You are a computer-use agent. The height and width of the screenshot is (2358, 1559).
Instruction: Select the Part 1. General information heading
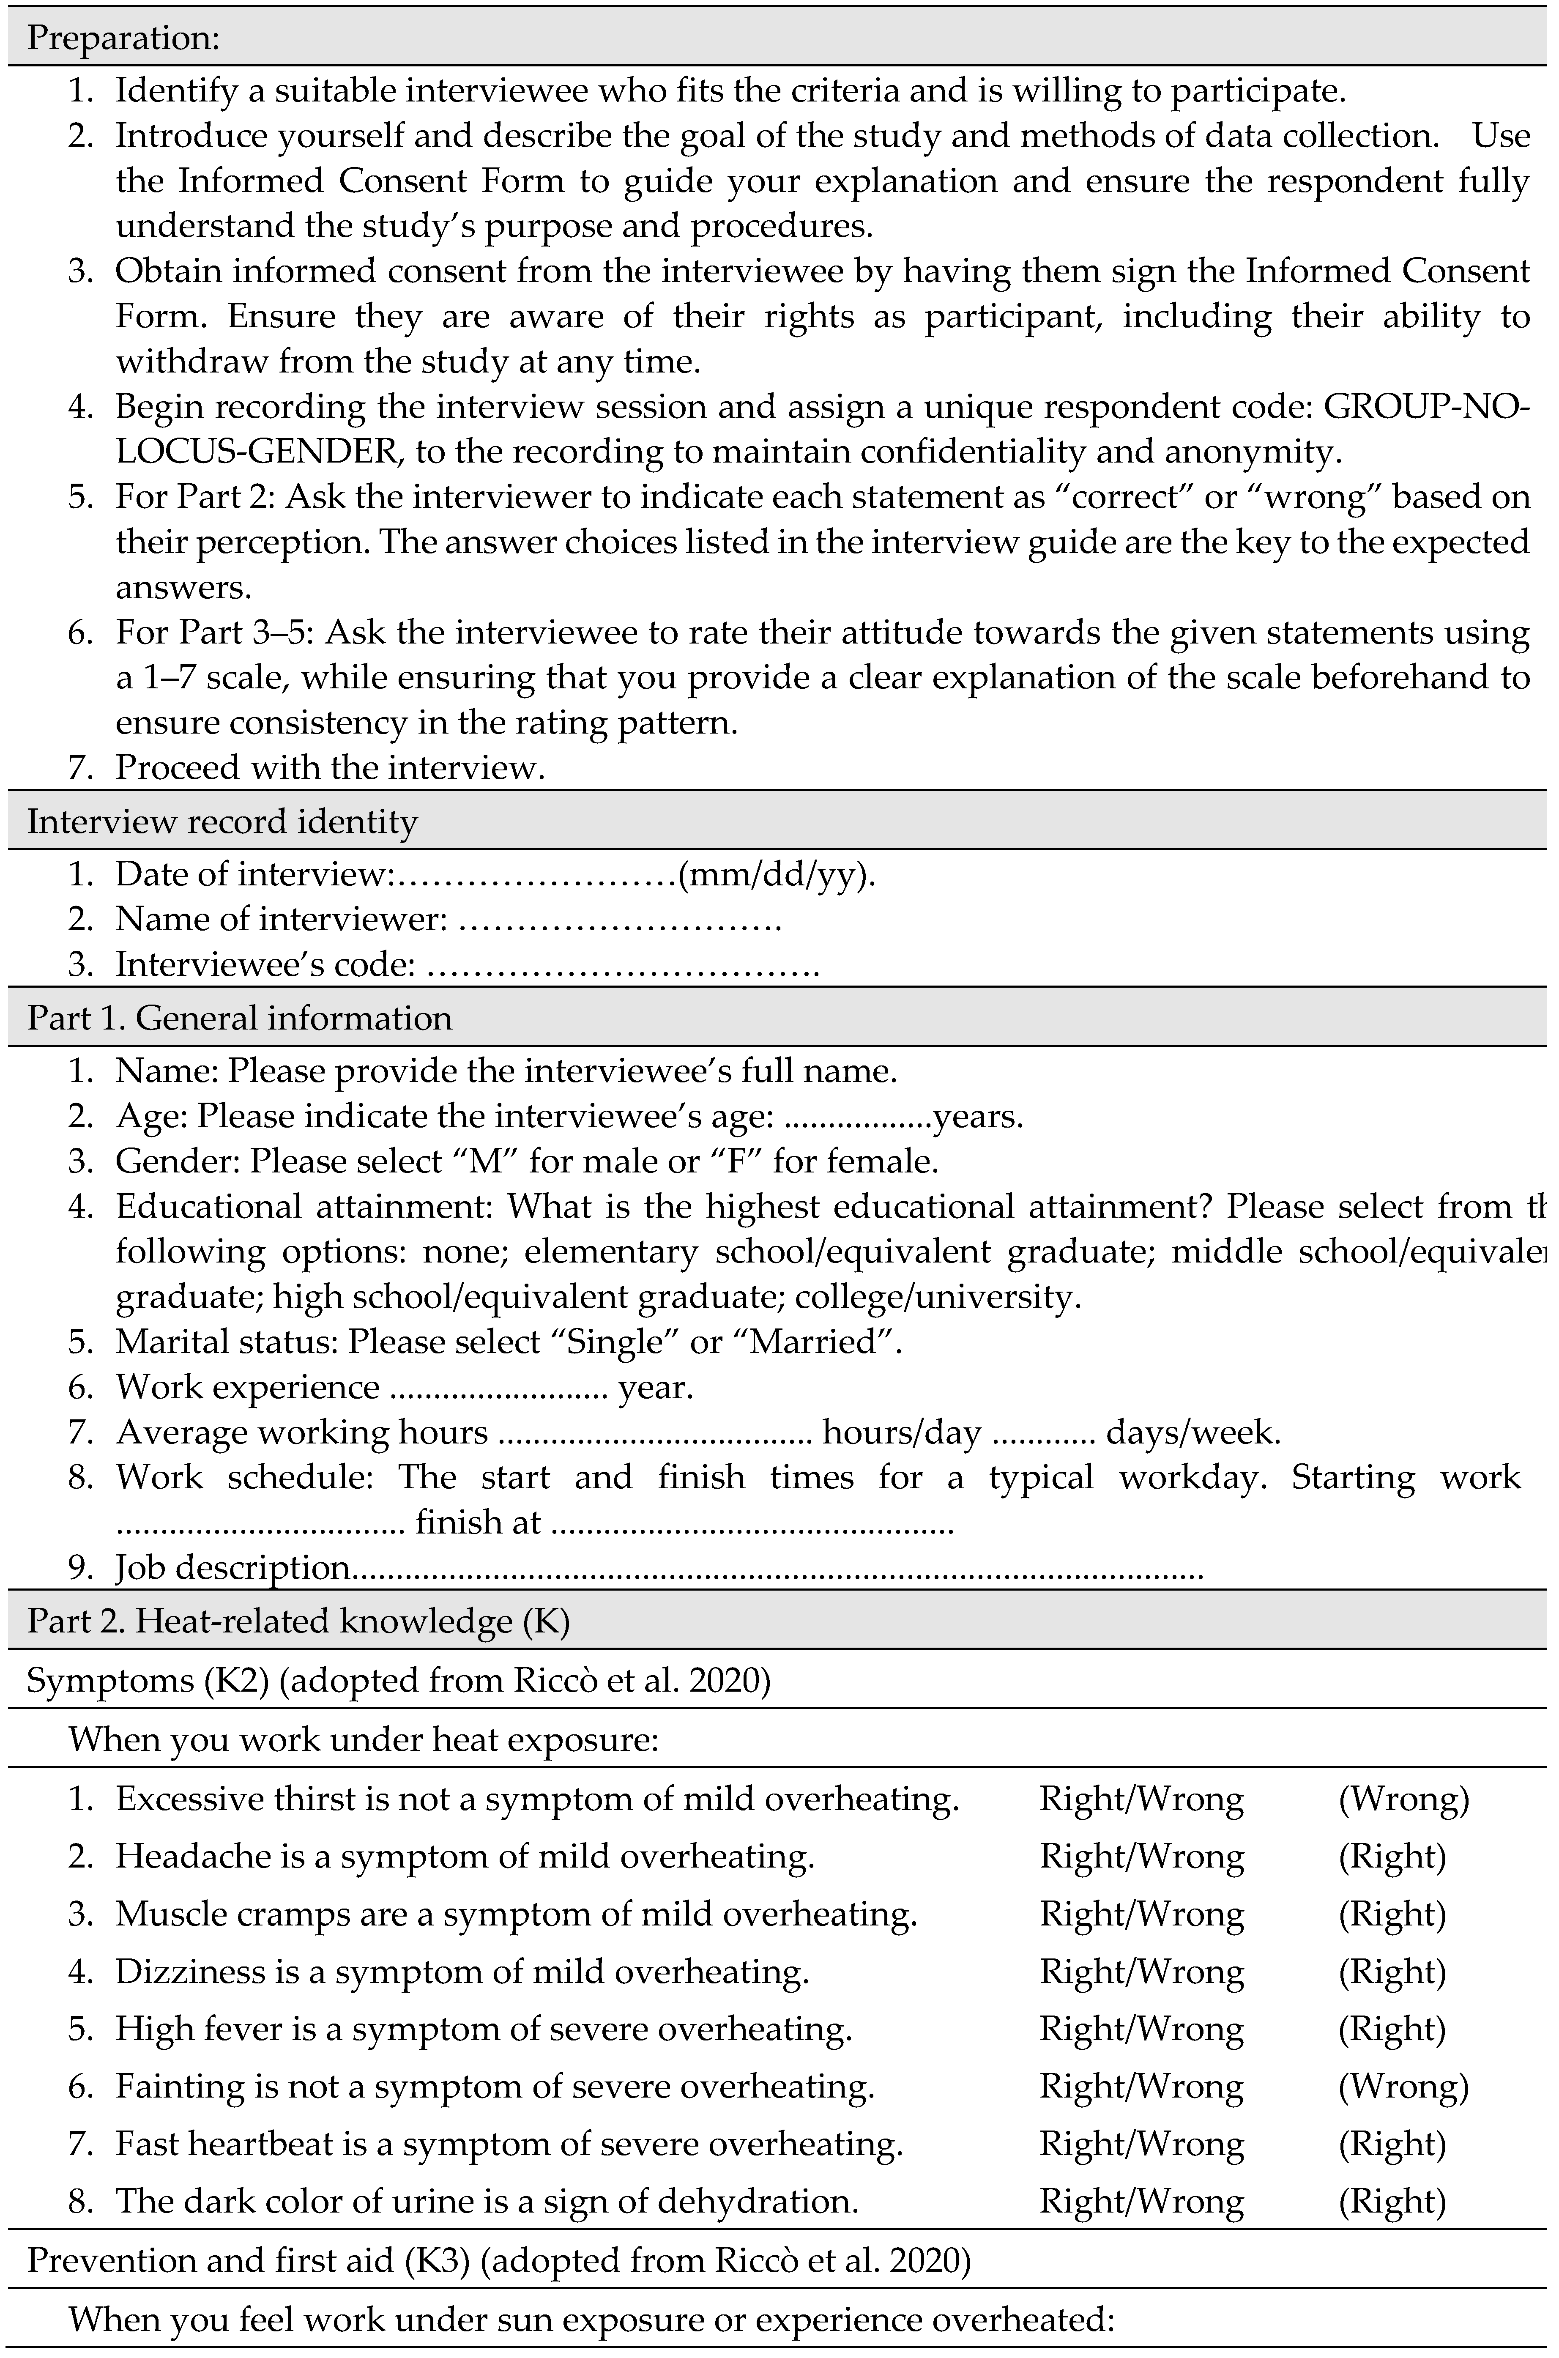[238, 1017]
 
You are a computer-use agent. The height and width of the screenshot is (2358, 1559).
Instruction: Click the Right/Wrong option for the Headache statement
[1141, 1857]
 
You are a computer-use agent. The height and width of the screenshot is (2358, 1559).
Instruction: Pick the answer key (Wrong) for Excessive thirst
[1404, 1799]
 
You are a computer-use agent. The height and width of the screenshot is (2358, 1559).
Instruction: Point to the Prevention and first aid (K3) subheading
[249, 2260]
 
